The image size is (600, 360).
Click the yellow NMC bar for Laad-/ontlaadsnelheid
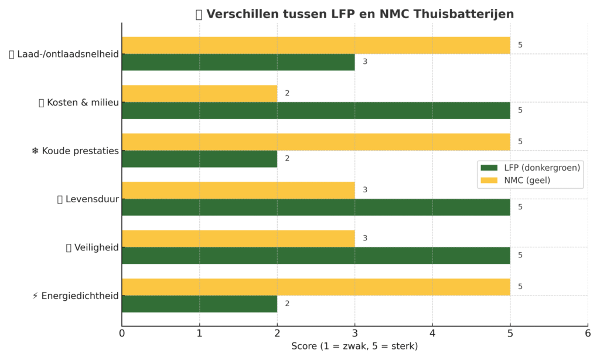click(x=316, y=45)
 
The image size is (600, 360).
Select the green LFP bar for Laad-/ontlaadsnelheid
click(x=238, y=62)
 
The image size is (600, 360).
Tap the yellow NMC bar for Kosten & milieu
click(x=200, y=93)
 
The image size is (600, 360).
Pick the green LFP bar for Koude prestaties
click(x=200, y=159)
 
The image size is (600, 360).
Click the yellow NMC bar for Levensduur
click(x=238, y=191)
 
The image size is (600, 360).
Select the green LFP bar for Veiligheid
click(x=316, y=256)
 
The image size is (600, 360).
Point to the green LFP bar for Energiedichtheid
click(x=200, y=304)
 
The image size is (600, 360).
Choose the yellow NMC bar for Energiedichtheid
click(x=316, y=287)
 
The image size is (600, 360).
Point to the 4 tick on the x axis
click(x=432, y=333)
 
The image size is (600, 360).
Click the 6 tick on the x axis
click(x=588, y=333)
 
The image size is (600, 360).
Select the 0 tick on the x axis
click(x=122, y=333)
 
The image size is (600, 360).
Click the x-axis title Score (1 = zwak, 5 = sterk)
click(x=354, y=346)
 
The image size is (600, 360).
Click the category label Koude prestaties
click(x=80, y=151)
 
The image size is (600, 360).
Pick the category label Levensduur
click(x=92, y=199)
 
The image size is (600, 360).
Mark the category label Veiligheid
click(x=97, y=248)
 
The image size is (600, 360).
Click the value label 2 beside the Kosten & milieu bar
click(x=287, y=93)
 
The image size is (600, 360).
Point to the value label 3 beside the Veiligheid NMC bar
click(x=365, y=238)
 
